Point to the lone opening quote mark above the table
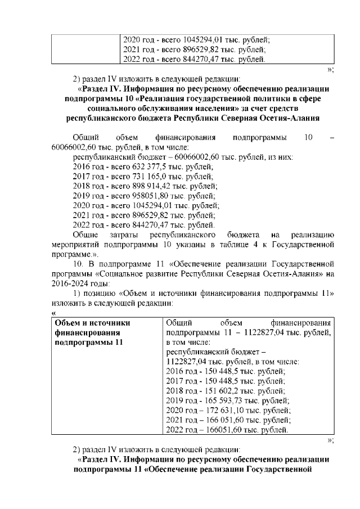53,313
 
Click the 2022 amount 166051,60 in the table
232,431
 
